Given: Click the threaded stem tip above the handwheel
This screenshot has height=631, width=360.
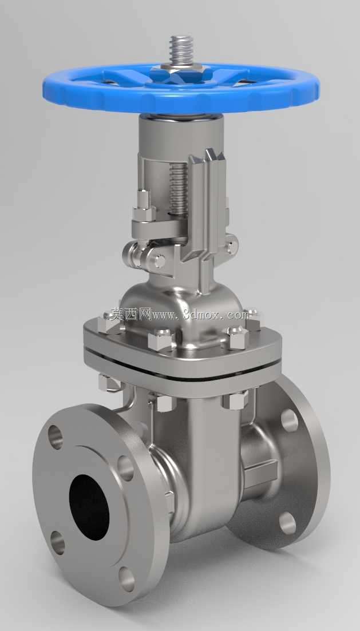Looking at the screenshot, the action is point(181,50).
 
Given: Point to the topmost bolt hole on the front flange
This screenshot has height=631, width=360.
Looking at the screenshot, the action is point(56,436).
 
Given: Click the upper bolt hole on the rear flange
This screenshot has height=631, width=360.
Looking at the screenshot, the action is point(289,420).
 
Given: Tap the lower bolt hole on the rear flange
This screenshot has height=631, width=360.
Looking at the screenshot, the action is point(287,523).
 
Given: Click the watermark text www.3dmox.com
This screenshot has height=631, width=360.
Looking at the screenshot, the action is point(197,314).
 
